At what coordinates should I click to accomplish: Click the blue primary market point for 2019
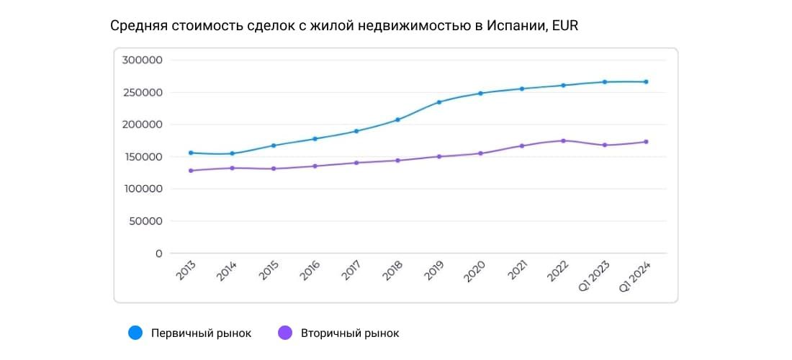click(x=439, y=102)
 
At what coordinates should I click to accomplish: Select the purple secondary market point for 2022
click(x=563, y=140)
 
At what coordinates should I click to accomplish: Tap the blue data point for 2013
click(x=191, y=153)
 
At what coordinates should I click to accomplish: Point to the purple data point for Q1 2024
click(x=646, y=142)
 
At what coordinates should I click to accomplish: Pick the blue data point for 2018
click(x=397, y=120)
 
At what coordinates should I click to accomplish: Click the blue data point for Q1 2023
click(x=605, y=82)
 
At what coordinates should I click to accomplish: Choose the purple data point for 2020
click(x=480, y=153)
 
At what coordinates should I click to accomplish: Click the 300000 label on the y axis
click(x=142, y=60)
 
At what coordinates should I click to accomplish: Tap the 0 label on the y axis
click(x=158, y=253)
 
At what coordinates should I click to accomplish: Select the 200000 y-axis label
click(x=142, y=125)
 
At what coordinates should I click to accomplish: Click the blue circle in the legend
click(x=135, y=333)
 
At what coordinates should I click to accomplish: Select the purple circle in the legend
click(x=285, y=333)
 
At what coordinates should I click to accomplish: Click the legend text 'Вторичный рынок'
click(x=349, y=333)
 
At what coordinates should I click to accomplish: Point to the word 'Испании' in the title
click(x=512, y=27)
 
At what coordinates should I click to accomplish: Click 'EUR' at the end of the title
click(x=565, y=27)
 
